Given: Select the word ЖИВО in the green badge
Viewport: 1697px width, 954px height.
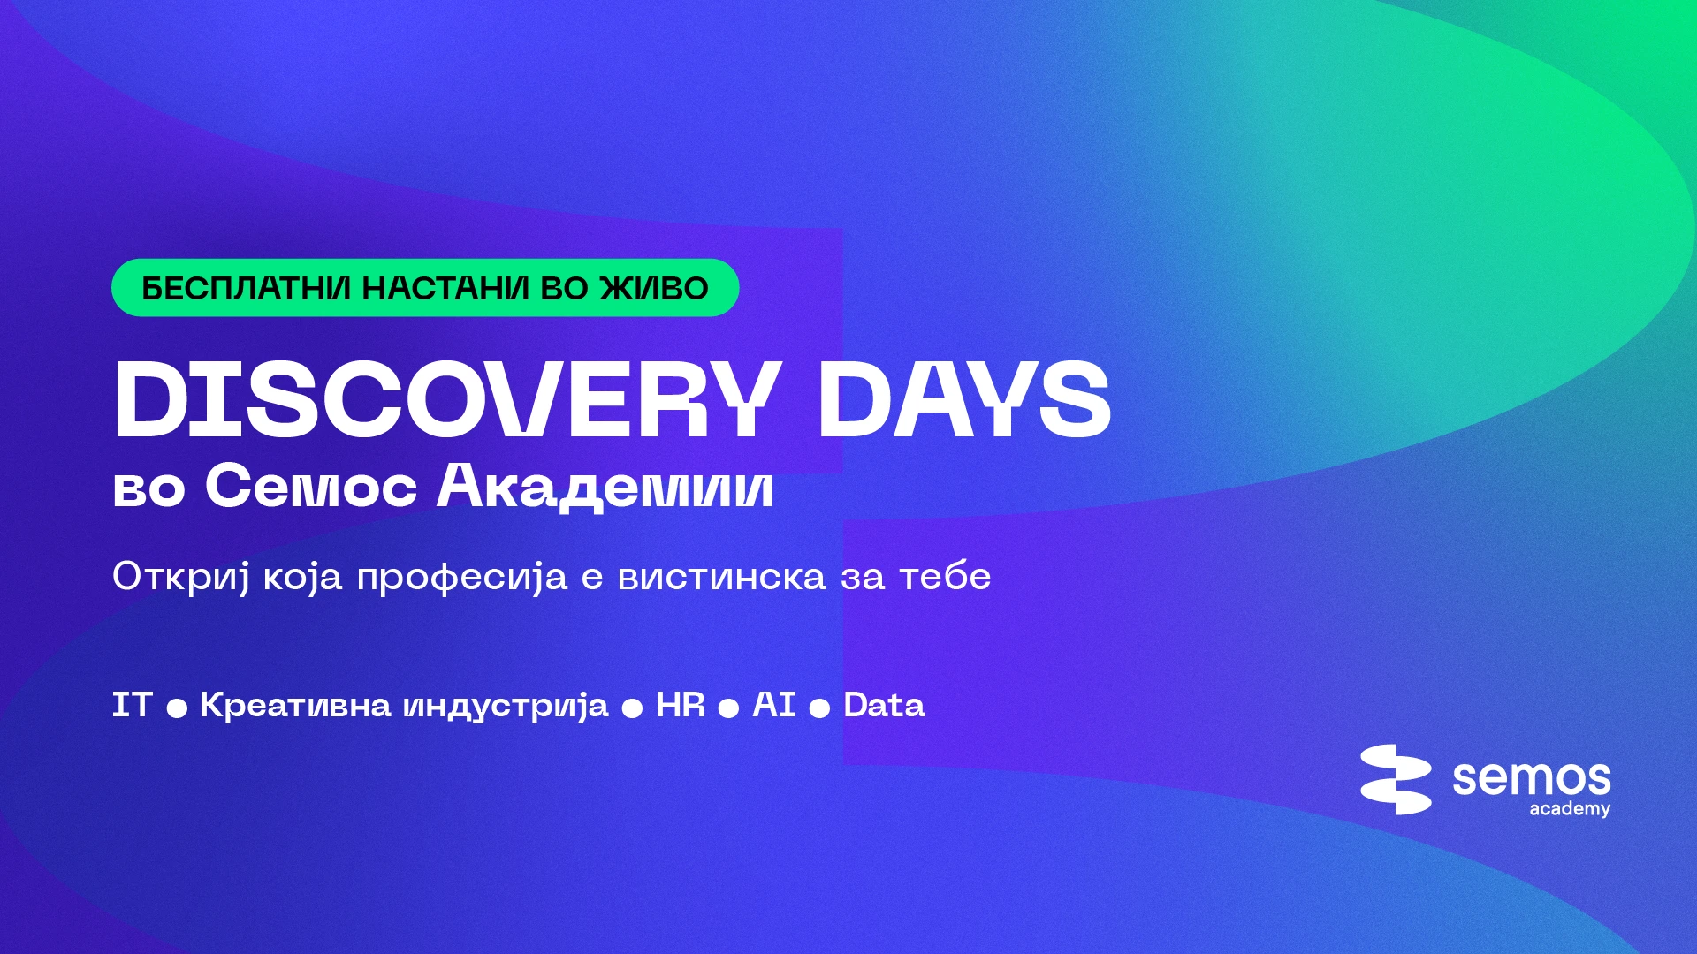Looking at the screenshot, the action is click(x=654, y=289).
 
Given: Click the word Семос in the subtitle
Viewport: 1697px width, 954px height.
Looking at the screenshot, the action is click(x=311, y=487).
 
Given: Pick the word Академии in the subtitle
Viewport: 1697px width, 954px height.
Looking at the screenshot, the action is click(x=605, y=487).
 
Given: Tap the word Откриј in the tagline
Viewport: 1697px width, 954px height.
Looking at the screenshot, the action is click(x=181, y=578).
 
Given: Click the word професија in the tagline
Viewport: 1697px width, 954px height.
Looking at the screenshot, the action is click(x=461, y=578).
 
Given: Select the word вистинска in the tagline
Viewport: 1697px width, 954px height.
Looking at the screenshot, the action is click(x=721, y=577).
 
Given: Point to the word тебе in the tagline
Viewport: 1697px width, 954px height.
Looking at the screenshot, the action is click(x=945, y=576).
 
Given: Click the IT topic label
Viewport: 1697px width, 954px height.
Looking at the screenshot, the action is click(x=133, y=705).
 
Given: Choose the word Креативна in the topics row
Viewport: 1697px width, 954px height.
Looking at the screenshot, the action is click(x=295, y=705).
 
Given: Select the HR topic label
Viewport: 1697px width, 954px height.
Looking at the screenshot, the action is click(x=681, y=705).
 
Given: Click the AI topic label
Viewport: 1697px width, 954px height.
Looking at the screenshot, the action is click(x=774, y=705).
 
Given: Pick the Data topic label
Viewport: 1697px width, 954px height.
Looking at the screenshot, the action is click(x=884, y=705).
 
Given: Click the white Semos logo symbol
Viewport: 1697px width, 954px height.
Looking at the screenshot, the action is click(x=1396, y=779).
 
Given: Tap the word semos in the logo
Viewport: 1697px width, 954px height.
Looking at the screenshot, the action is click(x=1532, y=778).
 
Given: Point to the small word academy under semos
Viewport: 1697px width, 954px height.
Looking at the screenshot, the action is click(x=1570, y=809).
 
